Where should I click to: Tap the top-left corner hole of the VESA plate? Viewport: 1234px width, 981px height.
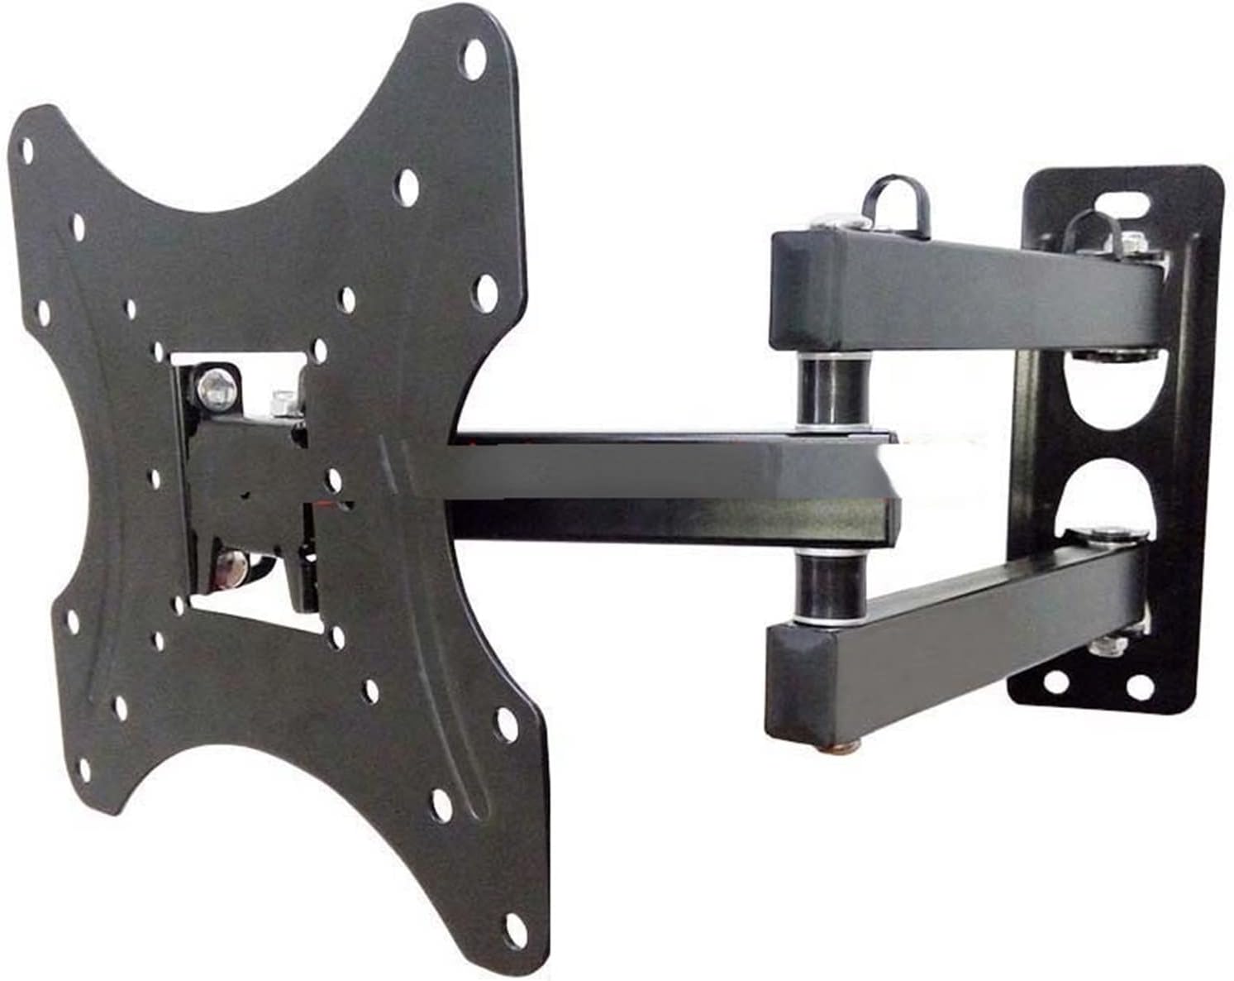tap(27, 149)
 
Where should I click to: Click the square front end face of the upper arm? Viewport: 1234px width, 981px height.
tap(798, 289)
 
